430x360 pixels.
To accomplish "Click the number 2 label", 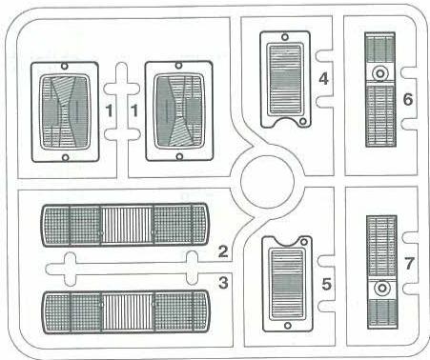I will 222,251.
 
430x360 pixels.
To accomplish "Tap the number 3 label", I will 222,282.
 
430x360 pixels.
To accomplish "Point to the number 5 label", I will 326,283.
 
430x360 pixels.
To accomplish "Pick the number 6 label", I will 407,97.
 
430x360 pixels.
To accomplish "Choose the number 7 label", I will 407,261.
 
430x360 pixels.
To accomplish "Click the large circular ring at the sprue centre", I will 265,181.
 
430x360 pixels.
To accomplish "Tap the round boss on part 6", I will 380,73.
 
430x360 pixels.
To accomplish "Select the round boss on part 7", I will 380,287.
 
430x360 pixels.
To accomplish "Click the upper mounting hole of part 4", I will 282,35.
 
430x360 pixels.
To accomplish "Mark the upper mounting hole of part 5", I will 283,242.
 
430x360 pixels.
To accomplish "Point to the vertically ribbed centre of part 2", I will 127,225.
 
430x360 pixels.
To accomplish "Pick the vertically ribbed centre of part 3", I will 127,313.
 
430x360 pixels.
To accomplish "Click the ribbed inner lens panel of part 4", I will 284,83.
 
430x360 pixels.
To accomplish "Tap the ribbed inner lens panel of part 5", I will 284,282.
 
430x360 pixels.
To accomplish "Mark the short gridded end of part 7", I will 380,311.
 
